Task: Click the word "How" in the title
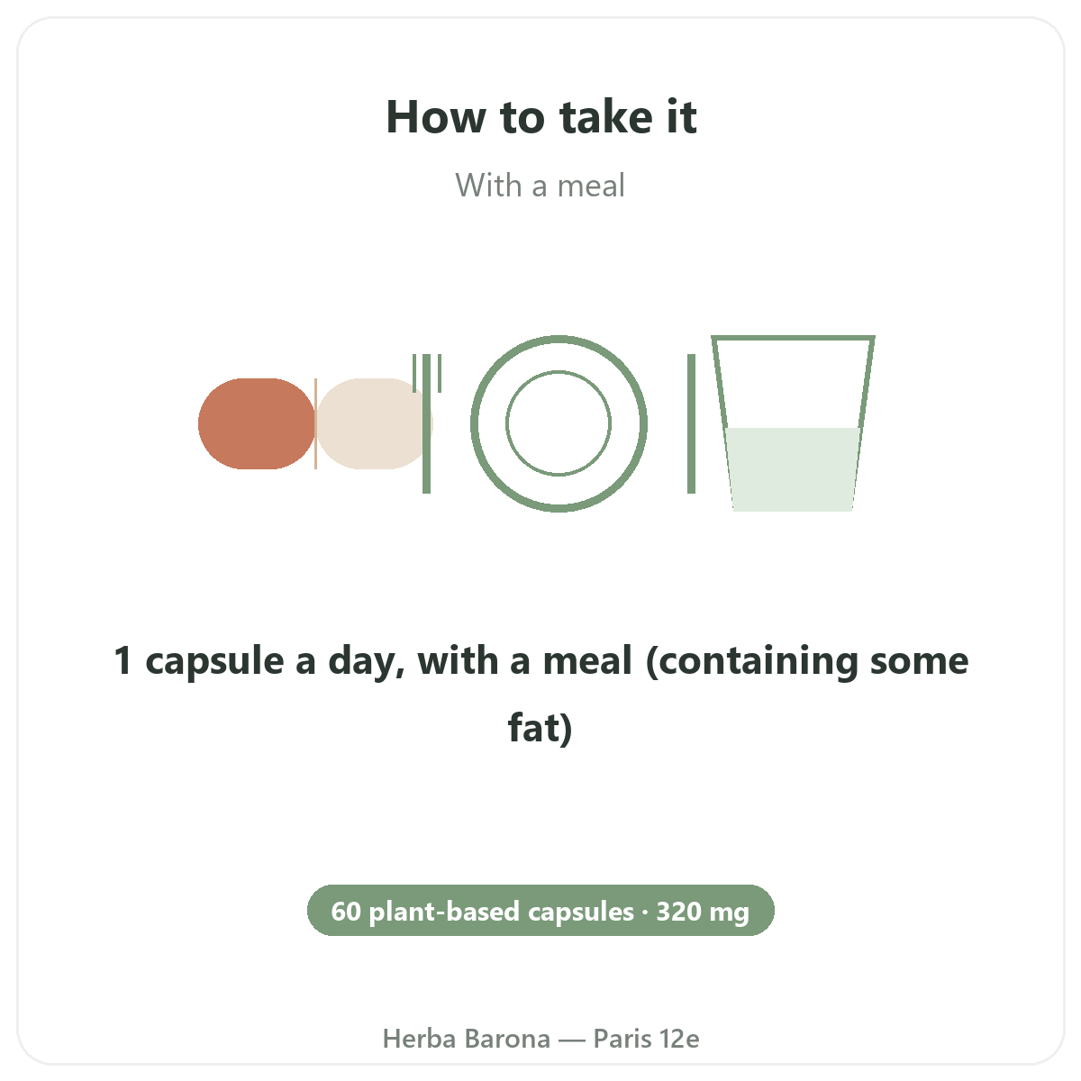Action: [436, 117]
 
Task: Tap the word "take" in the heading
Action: [606, 117]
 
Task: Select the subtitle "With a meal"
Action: [540, 186]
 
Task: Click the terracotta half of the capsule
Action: [257, 423]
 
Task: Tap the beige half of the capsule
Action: [370, 423]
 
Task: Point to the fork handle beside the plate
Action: [426, 438]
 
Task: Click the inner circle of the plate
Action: [559, 371]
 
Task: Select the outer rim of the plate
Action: [559, 339]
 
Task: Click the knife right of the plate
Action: [691, 423]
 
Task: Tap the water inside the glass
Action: [793, 469]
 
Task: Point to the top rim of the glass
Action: [793, 338]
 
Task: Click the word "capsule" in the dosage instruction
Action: [215, 661]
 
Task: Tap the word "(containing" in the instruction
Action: [751, 661]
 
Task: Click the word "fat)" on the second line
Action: [540, 728]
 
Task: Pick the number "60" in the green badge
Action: [346, 911]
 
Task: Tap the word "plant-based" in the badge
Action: [445, 912]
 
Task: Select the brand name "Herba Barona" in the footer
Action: [466, 1039]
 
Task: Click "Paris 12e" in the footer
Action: [646, 1039]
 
